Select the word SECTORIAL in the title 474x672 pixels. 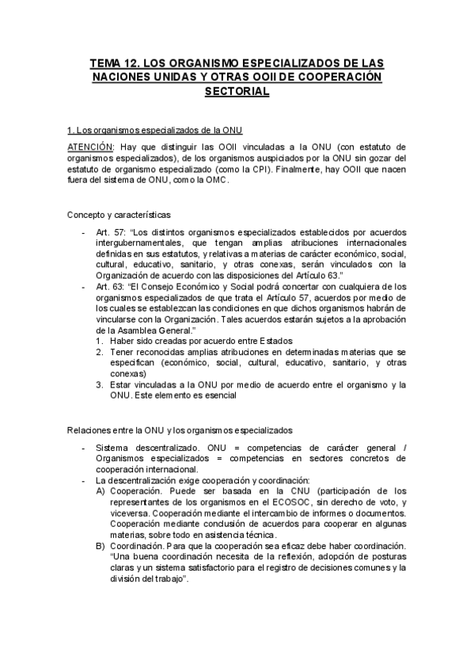coord(237,91)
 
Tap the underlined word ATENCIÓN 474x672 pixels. coord(89,147)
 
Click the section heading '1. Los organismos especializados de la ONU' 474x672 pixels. coord(154,129)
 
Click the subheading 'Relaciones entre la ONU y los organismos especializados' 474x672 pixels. coord(179,430)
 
